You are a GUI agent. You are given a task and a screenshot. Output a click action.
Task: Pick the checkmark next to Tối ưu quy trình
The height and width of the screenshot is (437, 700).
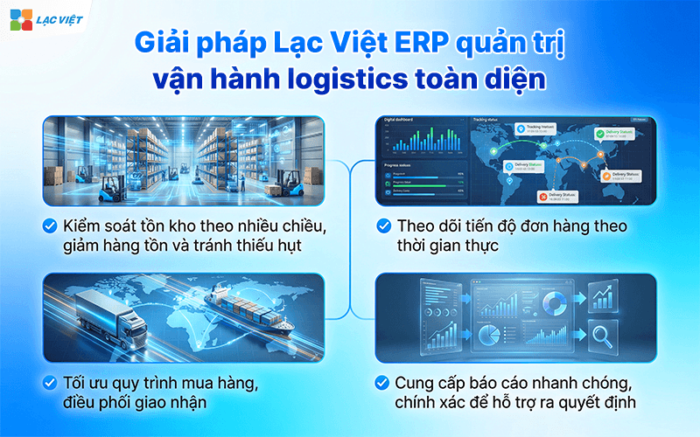coord(51,383)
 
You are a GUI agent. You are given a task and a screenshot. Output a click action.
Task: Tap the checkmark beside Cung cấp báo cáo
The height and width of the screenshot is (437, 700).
coord(383,383)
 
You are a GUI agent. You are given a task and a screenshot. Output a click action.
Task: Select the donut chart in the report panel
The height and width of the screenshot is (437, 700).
coord(553,302)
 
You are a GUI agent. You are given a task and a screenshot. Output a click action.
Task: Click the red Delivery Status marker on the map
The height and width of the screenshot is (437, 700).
coord(543,196)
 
